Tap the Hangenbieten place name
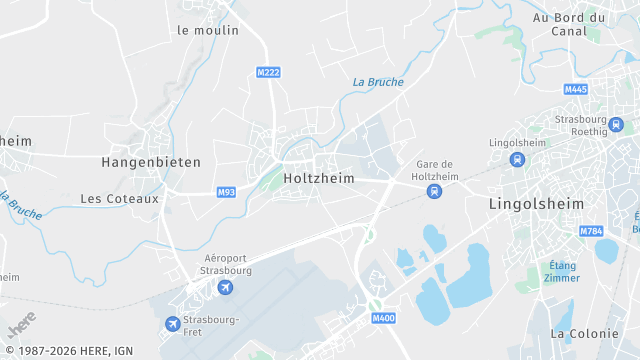[x=151, y=161]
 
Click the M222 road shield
[x=267, y=73]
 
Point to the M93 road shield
[x=226, y=191]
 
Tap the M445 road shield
[x=575, y=89]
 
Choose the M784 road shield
[x=591, y=231]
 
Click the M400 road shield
[x=383, y=319]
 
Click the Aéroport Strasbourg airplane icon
[x=224, y=288]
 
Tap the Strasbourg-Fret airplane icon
[x=173, y=323]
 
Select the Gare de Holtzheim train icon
[x=433, y=191]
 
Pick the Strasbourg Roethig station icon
[x=615, y=125]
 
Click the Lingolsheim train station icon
[x=517, y=159]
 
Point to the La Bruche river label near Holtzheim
[x=378, y=82]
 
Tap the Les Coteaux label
[x=120, y=198]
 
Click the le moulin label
[x=208, y=30]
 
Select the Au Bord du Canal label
[x=569, y=24]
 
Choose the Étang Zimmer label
[x=563, y=271]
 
